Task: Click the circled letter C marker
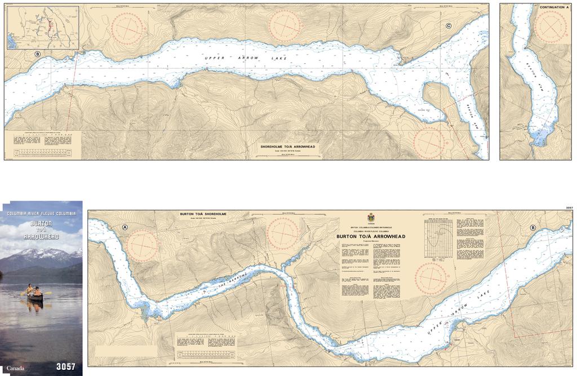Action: (x=449, y=25)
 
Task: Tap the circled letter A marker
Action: (x=125, y=227)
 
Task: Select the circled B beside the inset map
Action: (x=37, y=54)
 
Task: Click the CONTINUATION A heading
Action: (x=554, y=7)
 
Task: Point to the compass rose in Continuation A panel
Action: (x=551, y=26)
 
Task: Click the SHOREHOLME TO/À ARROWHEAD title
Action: (x=287, y=147)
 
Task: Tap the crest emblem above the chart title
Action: (x=371, y=218)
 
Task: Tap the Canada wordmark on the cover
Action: (x=15, y=368)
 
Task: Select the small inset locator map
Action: (x=42, y=28)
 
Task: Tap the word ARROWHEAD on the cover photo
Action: (x=42, y=237)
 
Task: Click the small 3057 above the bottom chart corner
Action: (x=569, y=208)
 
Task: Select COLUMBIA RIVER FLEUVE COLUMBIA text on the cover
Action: (x=41, y=214)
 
